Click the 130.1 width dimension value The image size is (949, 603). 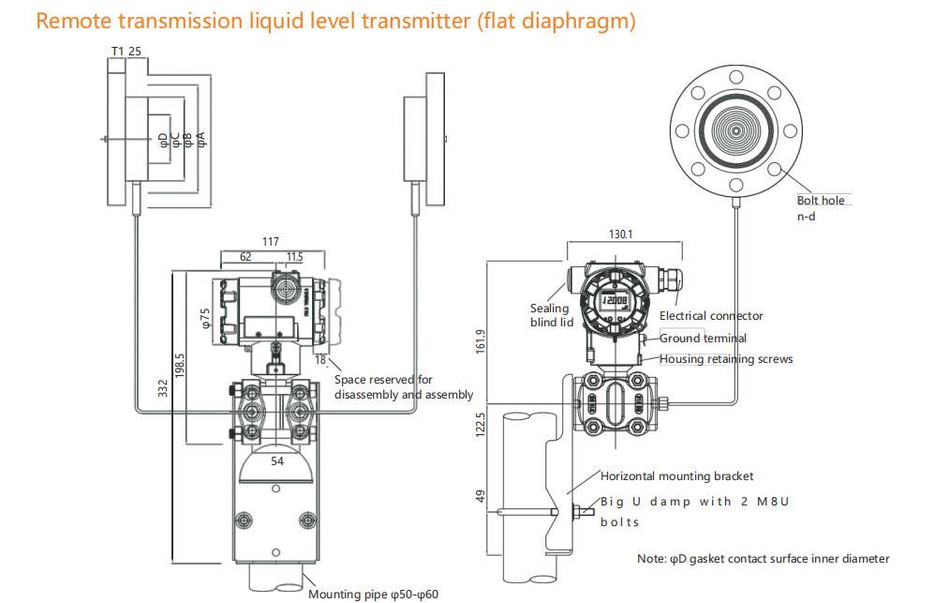(620, 234)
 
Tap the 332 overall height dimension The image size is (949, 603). (163, 386)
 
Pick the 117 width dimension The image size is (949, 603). (271, 242)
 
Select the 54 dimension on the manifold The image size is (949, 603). (277, 460)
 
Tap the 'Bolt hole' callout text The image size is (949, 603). (821, 200)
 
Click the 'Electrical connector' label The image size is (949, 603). (711, 316)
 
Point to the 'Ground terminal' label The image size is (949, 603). (704, 338)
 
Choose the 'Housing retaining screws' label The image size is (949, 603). (726, 359)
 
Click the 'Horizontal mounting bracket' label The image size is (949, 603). (676, 476)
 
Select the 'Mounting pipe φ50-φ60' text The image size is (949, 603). (373, 594)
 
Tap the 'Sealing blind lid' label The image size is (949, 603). (552, 315)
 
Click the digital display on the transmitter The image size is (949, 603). (615, 302)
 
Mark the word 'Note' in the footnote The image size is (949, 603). (651, 559)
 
